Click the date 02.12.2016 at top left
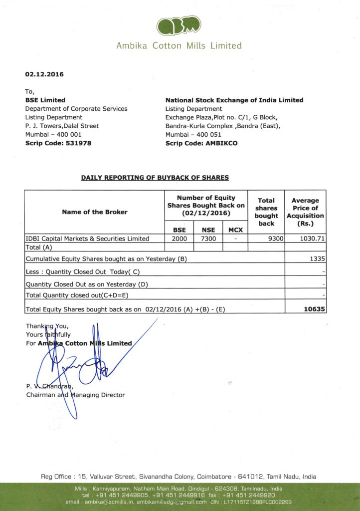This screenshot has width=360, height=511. pyautogui.click(x=44, y=74)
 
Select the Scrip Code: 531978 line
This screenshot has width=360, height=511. pyautogui.click(x=58, y=143)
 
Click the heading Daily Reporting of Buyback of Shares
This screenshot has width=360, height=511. pyautogui.click(x=155, y=177)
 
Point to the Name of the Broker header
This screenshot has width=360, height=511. pyautogui.click(x=95, y=212)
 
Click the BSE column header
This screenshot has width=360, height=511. pyautogui.click(x=179, y=230)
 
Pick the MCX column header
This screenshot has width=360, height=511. pyautogui.click(x=234, y=230)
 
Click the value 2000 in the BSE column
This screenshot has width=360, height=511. pyautogui.click(x=179, y=239)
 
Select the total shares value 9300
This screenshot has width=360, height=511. pyautogui.click(x=275, y=239)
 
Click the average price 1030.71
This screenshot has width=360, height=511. pyautogui.click(x=313, y=239)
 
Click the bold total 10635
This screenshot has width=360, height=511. pyautogui.click(x=315, y=309)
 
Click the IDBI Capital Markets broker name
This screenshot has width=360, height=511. pyautogui.click(x=87, y=239)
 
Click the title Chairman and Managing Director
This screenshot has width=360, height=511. pyautogui.click(x=75, y=395)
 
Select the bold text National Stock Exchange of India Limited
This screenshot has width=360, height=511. pyautogui.click(x=234, y=100)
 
